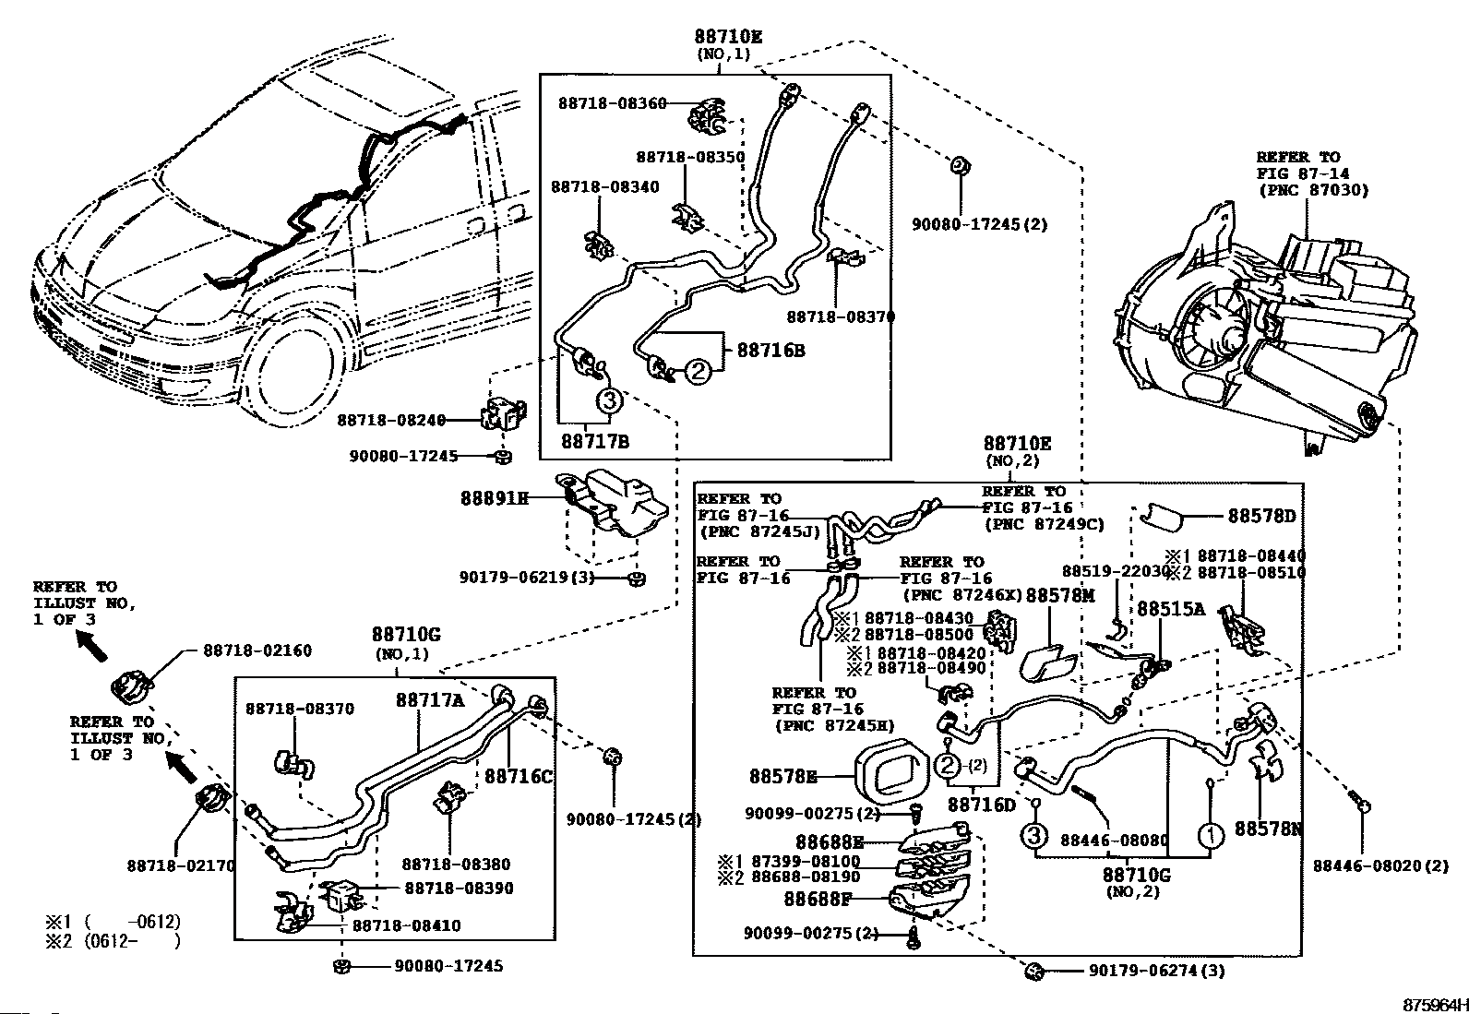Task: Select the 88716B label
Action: point(770,351)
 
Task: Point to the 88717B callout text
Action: point(595,442)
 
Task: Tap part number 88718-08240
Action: point(391,420)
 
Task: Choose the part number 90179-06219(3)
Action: point(526,578)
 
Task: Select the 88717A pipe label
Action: point(431,700)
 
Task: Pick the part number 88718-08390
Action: point(459,889)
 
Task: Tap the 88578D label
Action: point(1261,517)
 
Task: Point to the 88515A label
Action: point(1171,609)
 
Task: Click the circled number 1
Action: point(1211,836)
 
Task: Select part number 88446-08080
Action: point(1114,841)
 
